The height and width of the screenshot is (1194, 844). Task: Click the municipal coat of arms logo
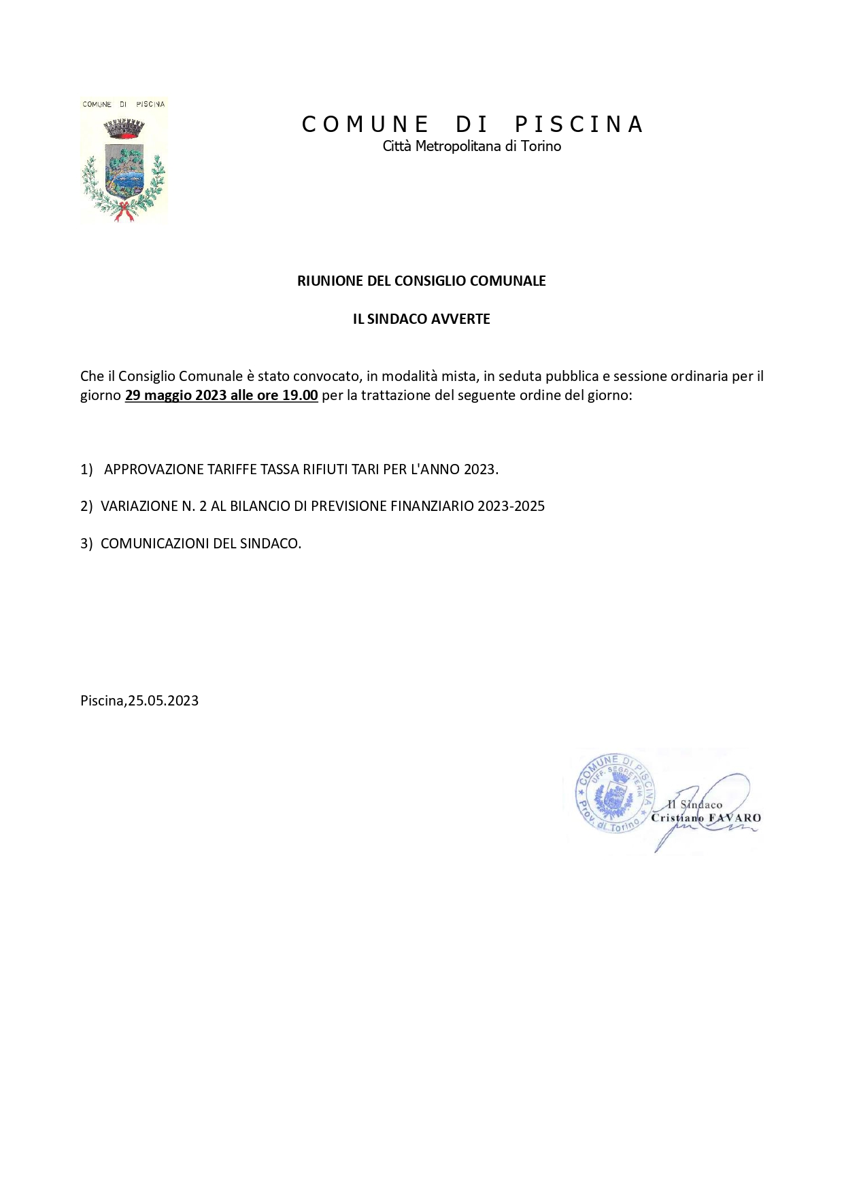click(x=124, y=162)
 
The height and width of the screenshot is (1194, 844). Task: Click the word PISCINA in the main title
click(x=579, y=125)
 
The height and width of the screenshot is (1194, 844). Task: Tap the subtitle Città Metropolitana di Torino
click(x=471, y=146)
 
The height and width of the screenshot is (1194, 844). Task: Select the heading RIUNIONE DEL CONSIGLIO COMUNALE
click(x=421, y=281)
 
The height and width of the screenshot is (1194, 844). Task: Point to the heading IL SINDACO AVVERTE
click(x=421, y=319)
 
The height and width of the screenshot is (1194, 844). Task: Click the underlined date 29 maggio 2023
click(x=175, y=395)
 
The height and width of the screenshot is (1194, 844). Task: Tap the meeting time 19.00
click(x=300, y=395)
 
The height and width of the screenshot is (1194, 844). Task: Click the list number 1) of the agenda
click(x=86, y=469)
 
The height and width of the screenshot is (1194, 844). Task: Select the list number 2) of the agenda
click(x=86, y=506)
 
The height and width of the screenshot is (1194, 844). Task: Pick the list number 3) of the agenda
click(x=86, y=544)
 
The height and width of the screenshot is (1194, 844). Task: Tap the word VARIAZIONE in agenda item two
click(x=139, y=506)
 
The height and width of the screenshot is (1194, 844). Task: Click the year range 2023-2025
click(x=511, y=506)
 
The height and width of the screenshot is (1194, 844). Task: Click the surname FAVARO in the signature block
click(x=735, y=818)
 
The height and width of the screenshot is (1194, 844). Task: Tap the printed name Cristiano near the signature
click(x=677, y=818)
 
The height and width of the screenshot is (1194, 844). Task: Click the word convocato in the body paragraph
click(x=326, y=376)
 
